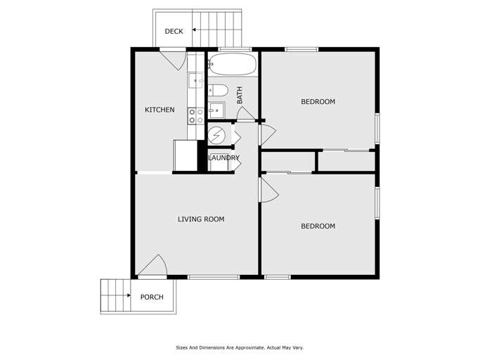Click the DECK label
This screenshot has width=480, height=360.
pos(174,31)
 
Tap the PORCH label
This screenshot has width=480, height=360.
pos(152,297)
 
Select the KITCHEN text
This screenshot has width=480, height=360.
pos(160,110)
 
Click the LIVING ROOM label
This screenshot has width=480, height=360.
pos(201,219)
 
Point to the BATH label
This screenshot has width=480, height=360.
pos(240,95)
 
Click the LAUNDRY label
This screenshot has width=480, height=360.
pos(223,158)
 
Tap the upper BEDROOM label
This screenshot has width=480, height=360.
pos(318,102)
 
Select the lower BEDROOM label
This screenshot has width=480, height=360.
pos(318,226)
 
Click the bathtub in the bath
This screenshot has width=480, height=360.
pos(232,65)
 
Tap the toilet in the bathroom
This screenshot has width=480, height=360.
pos(218,90)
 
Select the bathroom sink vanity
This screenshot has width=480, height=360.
pos(216,110)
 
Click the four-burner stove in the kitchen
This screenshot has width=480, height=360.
pos(196,116)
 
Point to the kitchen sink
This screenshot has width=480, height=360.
pos(195,80)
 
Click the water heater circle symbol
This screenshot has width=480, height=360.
pos(219,134)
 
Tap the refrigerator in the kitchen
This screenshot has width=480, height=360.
pos(186,155)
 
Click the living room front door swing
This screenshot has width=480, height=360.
pos(153,266)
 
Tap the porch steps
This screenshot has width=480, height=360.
pos(115,296)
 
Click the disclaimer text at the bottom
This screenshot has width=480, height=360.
pos(240,347)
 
